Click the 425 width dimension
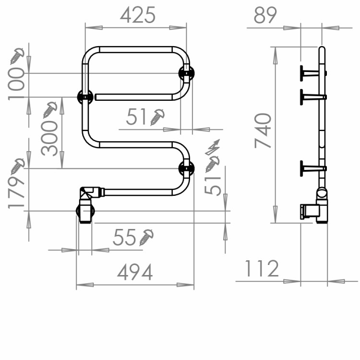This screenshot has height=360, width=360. [x=138, y=15]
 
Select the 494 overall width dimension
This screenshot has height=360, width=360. [x=135, y=272]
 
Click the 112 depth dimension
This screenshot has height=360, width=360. [x=262, y=269]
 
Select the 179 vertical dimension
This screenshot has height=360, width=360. [x=17, y=191]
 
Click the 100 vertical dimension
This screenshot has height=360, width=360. [x=16, y=83]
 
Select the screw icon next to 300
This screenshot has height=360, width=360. [x=50, y=110]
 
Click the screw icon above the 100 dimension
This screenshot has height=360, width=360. [x=17, y=56]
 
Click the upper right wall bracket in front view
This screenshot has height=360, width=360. [x=186, y=73]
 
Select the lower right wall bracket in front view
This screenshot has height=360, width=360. [x=186, y=168]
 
